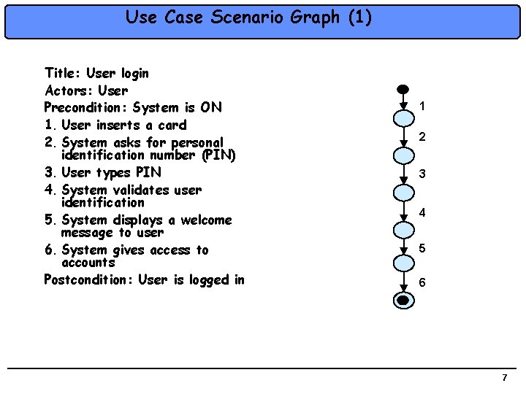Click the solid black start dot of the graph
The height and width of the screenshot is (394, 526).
click(402, 89)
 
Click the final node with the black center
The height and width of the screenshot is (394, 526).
click(403, 300)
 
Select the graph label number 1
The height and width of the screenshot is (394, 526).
click(422, 107)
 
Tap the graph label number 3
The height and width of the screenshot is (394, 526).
click(422, 174)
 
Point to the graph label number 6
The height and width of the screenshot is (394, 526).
click(423, 282)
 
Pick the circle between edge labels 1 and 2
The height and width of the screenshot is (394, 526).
click(403, 120)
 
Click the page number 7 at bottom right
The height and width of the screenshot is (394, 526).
click(504, 377)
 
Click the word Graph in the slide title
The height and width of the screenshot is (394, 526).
click(316, 17)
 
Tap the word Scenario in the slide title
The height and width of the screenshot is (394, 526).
click(245, 17)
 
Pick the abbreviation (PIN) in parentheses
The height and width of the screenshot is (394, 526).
click(216, 155)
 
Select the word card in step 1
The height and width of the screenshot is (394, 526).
click(172, 125)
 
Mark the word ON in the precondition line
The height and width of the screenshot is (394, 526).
click(211, 108)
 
